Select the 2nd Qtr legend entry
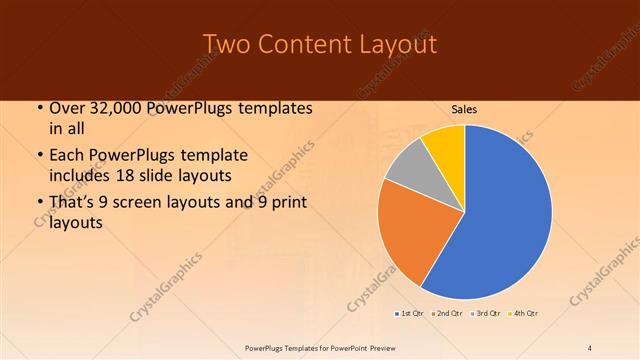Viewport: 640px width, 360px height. (x=449, y=314)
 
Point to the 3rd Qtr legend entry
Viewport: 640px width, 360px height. (x=487, y=314)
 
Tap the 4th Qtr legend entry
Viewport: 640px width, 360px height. (x=525, y=314)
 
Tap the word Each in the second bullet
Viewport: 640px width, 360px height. (x=67, y=156)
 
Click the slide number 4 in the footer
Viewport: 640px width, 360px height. (x=590, y=347)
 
